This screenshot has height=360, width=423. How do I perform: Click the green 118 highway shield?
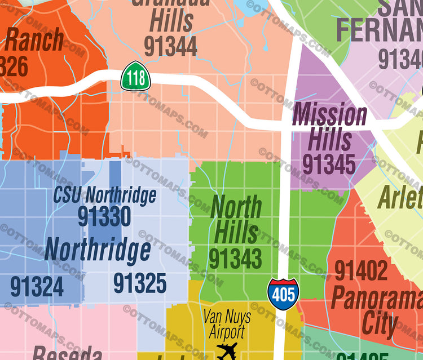click(135, 76)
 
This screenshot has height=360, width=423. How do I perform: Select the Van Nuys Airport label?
click(227, 325)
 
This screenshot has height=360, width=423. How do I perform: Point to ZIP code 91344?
click(170, 46)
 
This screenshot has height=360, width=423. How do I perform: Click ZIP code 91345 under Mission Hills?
click(329, 164)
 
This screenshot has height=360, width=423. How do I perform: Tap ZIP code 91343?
click(235, 259)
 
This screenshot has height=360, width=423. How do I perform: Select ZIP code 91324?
click(37, 286)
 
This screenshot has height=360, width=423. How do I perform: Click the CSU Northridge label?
click(104, 195)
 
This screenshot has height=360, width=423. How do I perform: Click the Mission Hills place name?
click(330, 127)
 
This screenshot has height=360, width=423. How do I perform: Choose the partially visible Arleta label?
click(400, 197)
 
